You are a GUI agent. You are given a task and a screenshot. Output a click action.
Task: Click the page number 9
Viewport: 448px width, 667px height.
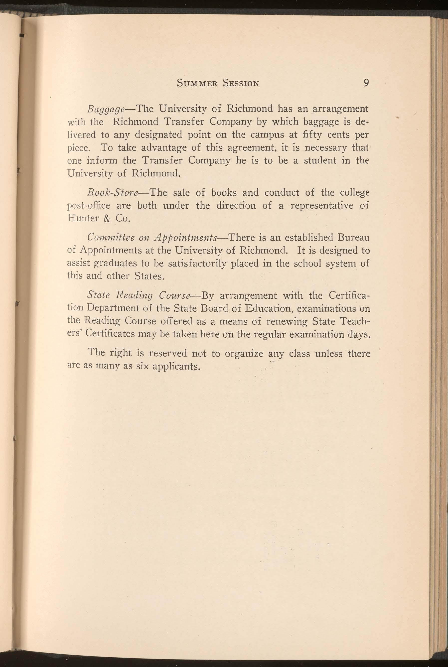coord(366,83)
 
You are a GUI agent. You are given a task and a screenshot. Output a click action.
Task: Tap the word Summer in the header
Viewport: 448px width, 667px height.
coord(197,83)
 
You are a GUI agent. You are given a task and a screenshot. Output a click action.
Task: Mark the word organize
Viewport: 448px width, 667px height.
coord(244,354)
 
